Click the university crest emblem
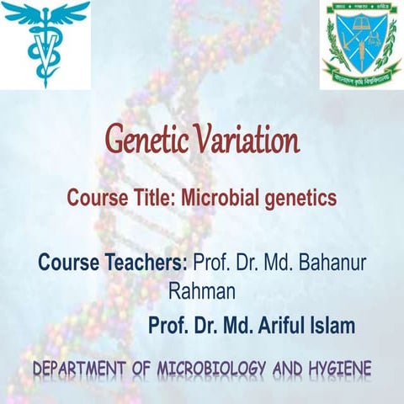pos(360,44)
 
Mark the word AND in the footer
pos(294,369)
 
